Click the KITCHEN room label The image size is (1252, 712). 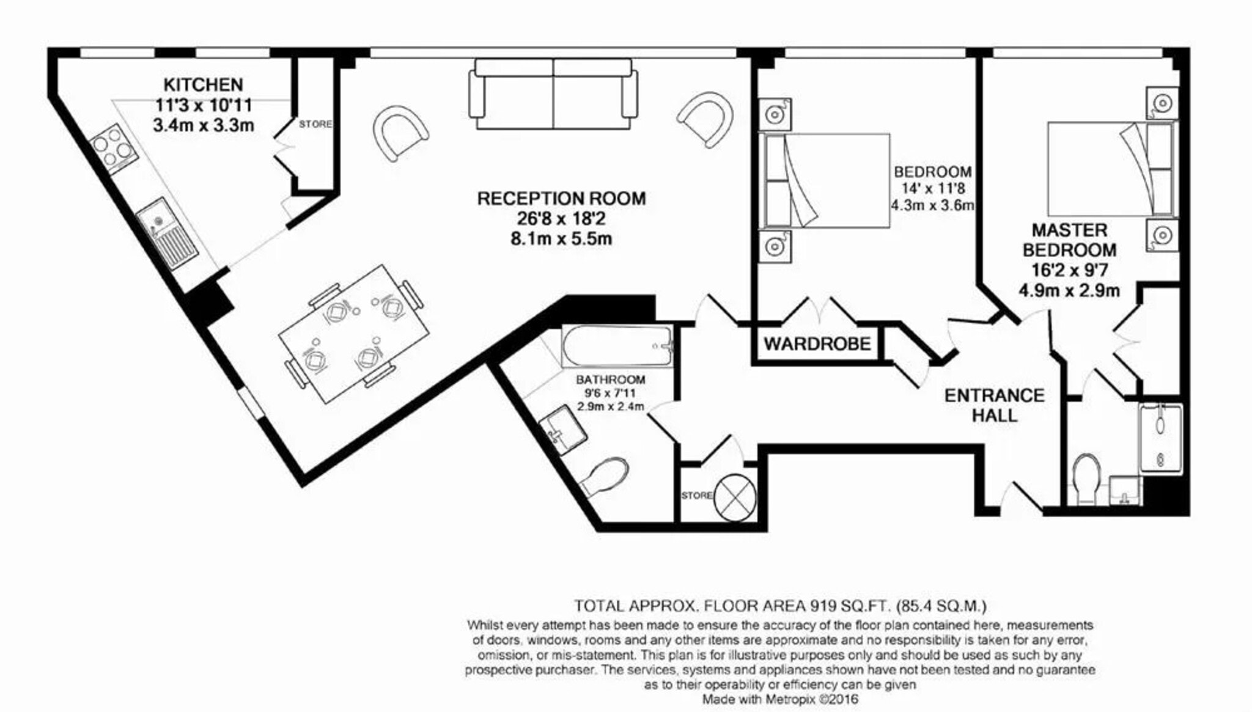click(x=203, y=84)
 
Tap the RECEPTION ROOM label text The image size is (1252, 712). click(x=561, y=199)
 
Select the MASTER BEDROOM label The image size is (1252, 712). click(x=1069, y=240)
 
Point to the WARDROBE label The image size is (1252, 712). click(x=817, y=343)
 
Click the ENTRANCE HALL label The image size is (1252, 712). click(x=995, y=405)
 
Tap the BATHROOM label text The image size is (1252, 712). click(x=610, y=380)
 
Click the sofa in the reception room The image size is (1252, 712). click(x=553, y=94)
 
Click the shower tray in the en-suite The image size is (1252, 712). click(x=1160, y=438)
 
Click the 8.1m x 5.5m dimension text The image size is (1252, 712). click(x=561, y=238)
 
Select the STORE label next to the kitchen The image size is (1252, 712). click(x=315, y=124)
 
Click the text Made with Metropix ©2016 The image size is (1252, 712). click(x=780, y=699)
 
